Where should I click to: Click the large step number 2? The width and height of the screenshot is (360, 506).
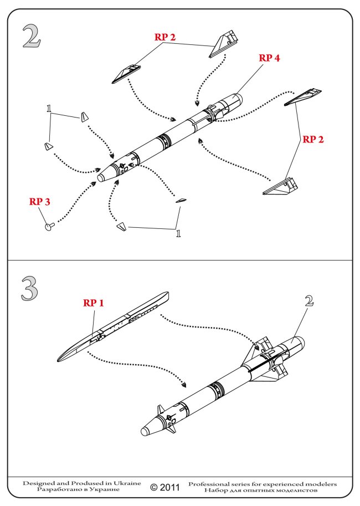(32, 37)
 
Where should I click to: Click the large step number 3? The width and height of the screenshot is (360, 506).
(31, 289)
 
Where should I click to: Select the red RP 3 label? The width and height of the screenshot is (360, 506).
(40, 202)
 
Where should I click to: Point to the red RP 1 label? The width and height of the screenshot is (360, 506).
(94, 303)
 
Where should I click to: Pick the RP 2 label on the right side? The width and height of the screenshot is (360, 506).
(313, 139)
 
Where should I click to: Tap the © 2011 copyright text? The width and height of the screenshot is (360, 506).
(165, 488)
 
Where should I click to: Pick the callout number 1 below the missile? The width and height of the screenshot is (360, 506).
(178, 233)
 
